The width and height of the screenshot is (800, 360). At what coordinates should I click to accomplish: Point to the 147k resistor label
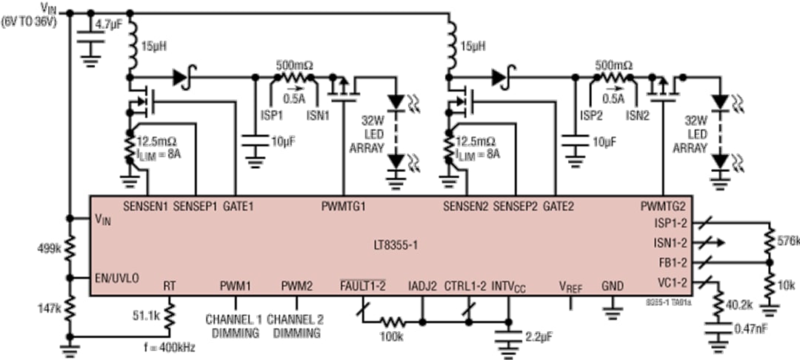coord(47,302)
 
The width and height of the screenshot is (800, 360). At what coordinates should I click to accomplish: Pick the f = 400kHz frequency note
coord(169,347)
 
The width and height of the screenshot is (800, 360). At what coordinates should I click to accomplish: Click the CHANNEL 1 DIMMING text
coord(234,326)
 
